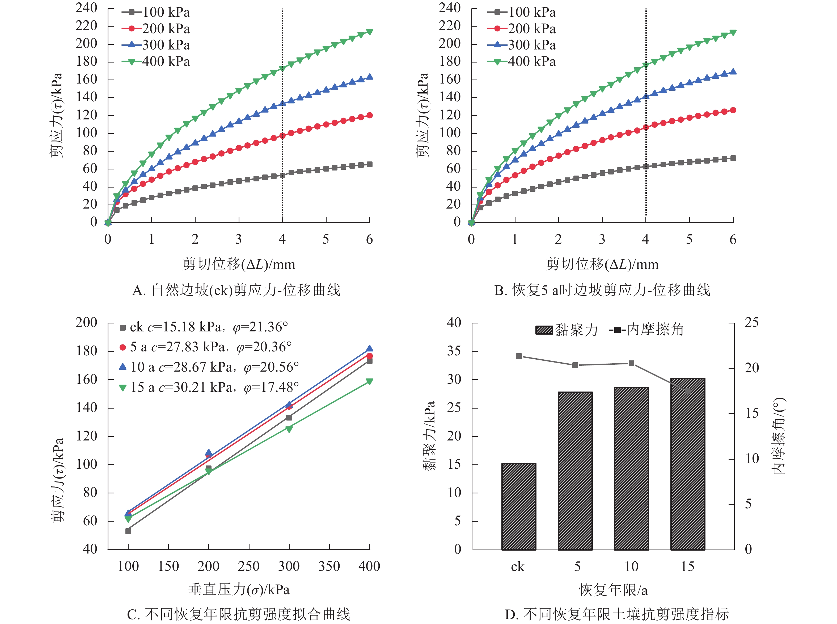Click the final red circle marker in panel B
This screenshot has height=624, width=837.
733,110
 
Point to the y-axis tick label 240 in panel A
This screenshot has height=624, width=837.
86,8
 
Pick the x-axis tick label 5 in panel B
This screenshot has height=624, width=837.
689,239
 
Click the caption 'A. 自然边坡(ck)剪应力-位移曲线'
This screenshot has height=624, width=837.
236,290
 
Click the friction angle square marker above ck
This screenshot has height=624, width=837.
519,356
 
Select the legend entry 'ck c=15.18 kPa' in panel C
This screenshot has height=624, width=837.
204,327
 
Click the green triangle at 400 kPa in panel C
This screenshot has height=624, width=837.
369,381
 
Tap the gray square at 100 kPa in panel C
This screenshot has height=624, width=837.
128,531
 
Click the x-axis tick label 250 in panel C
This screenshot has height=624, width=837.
249,566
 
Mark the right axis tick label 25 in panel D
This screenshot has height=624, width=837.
751,323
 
